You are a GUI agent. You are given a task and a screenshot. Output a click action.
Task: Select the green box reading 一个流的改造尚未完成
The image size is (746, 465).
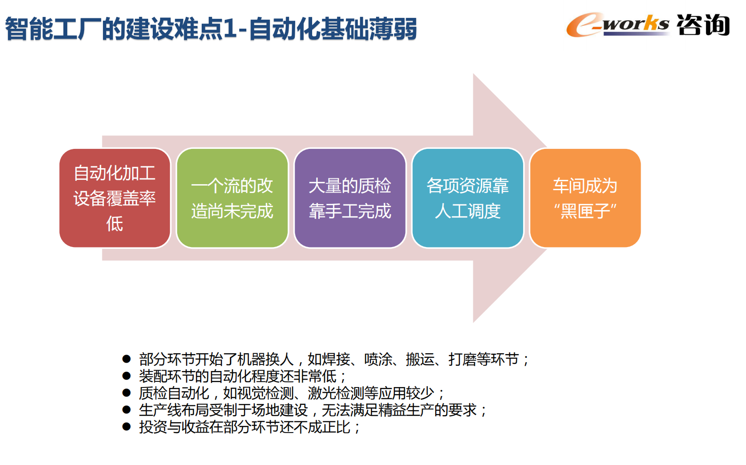(232, 198)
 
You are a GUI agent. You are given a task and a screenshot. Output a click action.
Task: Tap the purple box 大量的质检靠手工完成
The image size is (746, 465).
(350, 198)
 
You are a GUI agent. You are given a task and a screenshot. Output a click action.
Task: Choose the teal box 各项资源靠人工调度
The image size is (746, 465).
(468, 198)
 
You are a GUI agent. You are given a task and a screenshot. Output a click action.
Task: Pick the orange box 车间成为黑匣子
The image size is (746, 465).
(585, 198)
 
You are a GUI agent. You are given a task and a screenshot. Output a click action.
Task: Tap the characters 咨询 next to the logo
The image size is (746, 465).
(703, 24)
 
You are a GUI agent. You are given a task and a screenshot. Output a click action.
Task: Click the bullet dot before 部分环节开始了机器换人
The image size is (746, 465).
(126, 359)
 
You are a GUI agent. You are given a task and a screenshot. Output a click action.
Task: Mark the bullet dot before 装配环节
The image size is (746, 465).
(126, 376)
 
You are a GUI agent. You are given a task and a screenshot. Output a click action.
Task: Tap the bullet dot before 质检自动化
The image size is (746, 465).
(126, 393)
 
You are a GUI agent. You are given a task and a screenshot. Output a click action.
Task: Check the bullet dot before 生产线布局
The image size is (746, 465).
(126, 410)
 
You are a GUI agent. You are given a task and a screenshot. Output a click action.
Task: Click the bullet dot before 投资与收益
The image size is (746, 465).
(126, 426)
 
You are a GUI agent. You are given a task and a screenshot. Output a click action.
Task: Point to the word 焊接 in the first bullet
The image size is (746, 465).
(336, 360)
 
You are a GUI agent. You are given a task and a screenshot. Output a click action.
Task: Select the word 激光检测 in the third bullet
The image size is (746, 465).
(336, 393)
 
